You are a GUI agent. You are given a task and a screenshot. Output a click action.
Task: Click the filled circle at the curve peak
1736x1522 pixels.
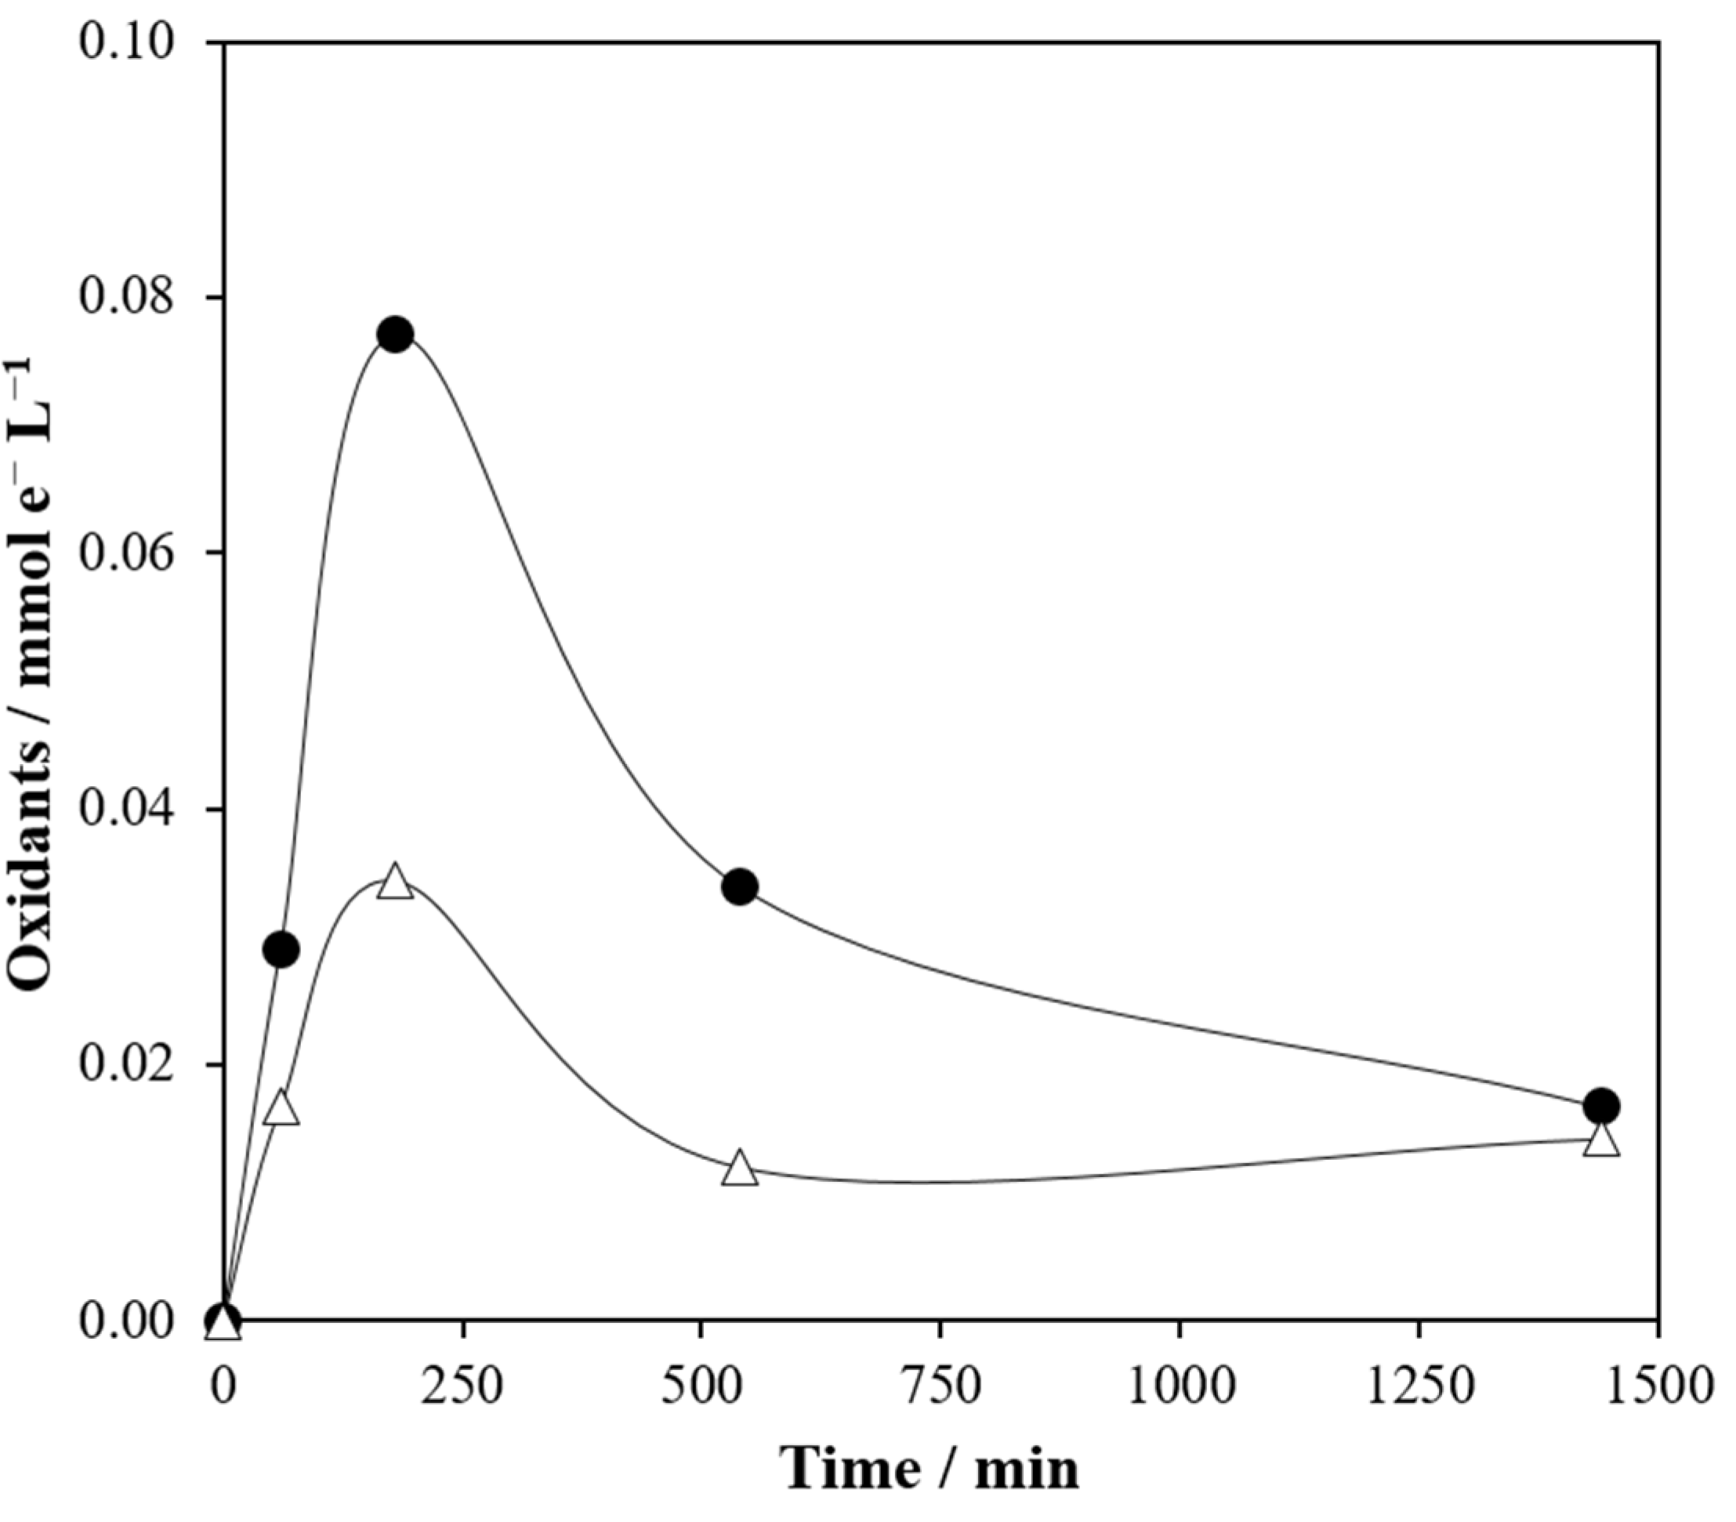pyautogui.click(x=395, y=335)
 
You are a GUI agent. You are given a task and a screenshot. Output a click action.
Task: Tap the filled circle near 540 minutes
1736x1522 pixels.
pyautogui.click(x=740, y=887)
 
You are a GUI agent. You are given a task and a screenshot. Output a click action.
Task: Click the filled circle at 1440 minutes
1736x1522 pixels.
pyautogui.click(x=1602, y=1106)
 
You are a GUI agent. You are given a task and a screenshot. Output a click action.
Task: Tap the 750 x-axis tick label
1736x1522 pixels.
pyautogui.click(x=941, y=1386)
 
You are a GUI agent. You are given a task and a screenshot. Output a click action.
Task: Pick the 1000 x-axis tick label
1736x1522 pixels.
pyautogui.click(x=1180, y=1386)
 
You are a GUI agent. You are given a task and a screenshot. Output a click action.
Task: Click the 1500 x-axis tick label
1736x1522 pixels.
pyautogui.click(x=1656, y=1386)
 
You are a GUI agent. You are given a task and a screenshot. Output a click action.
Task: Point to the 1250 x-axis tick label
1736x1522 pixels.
pyautogui.click(x=1419, y=1386)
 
